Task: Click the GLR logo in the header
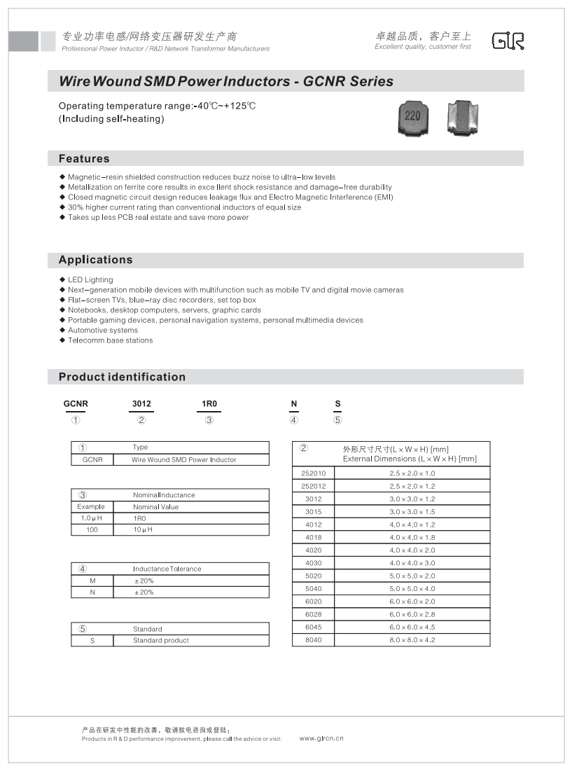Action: [508, 41]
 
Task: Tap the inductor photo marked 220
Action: [413, 117]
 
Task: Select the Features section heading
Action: [84, 159]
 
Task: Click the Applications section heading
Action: [95, 260]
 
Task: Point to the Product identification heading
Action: [122, 377]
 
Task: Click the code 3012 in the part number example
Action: [141, 404]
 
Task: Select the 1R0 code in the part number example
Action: [209, 404]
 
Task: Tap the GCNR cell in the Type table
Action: [92, 460]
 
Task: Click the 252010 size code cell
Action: [313, 473]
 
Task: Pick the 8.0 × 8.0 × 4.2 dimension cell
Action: [412, 640]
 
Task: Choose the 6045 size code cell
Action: [313, 627]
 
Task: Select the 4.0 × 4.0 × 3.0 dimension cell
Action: [412, 563]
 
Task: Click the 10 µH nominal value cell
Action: [143, 529]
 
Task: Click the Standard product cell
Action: [161, 641]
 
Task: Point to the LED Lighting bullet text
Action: [90, 280]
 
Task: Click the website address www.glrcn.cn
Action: [321, 738]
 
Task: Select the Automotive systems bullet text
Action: [103, 331]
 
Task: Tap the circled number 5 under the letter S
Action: [337, 420]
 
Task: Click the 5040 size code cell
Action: [313, 589]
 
